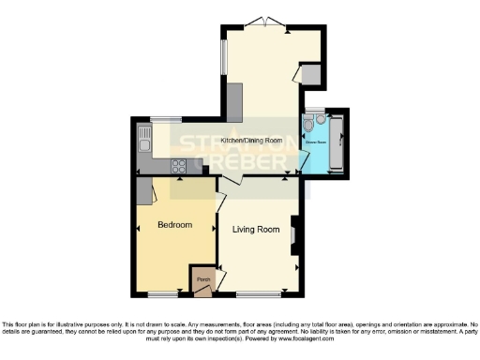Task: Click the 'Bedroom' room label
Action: [174, 225]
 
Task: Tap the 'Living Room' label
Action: [257, 230]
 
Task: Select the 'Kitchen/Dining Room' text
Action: [251, 141]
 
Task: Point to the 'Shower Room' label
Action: [316, 143]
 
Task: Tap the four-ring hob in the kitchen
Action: [178, 166]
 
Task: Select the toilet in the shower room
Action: [308, 122]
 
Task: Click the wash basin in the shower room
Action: [321, 120]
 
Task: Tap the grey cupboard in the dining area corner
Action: [311, 75]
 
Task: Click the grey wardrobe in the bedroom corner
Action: [144, 191]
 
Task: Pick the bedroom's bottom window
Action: [163, 294]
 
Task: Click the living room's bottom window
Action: [252, 294]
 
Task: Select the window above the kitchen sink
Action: [166, 118]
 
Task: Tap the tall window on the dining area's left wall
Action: [223, 57]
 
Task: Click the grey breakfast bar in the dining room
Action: [234, 102]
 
